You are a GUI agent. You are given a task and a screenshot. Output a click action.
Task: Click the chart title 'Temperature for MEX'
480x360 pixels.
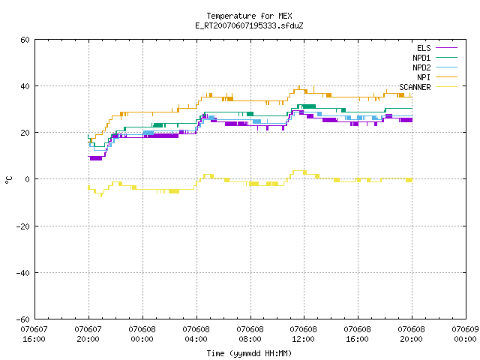249,16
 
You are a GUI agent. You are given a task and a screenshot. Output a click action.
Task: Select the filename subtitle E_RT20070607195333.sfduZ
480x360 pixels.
249,25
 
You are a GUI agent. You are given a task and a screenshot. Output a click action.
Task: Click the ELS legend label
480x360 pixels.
424,48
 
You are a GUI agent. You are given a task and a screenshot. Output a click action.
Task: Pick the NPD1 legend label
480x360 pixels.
421,58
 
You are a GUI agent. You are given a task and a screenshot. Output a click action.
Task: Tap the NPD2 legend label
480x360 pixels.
421,67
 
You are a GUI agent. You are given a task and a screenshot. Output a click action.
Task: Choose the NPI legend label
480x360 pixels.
424,77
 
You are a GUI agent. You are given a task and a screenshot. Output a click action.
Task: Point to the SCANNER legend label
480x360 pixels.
415,87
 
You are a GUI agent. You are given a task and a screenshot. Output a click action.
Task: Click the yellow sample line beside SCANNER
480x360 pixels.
446,87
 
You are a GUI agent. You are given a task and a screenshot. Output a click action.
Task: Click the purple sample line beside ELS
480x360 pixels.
446,48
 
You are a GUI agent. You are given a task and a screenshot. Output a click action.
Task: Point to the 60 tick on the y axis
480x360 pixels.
25,40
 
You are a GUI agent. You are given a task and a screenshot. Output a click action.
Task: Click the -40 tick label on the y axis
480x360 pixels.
23,273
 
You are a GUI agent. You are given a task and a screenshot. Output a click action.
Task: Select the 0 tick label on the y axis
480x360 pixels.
28,179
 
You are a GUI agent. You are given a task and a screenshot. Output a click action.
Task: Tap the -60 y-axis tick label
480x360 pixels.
23,319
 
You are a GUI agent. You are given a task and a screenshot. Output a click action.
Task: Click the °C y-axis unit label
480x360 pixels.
8,180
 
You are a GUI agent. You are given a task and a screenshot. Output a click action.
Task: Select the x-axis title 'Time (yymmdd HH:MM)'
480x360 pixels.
249,353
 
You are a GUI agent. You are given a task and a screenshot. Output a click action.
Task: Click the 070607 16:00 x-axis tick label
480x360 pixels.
34,334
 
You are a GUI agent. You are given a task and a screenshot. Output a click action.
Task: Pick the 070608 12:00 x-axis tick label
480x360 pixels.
303,334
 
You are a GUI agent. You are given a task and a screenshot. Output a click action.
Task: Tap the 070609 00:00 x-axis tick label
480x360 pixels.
465,334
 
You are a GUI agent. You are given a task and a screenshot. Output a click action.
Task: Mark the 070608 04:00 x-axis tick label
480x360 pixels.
196,334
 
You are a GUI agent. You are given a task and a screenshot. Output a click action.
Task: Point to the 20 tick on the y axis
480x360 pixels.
25,133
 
